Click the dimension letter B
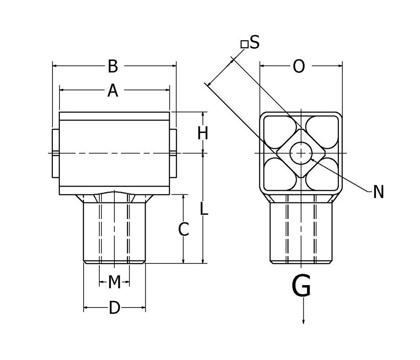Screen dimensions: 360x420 point(112,66)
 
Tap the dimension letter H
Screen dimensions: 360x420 point(203,133)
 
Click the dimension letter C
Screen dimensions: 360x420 point(184,229)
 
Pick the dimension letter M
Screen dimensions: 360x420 point(114,282)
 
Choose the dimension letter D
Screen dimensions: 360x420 point(114,308)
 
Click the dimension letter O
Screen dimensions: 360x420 point(299,66)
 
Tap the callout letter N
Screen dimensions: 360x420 point(378,192)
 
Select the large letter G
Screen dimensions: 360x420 point(301,286)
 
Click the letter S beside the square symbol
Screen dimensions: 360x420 point(254,43)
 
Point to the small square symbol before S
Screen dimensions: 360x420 point(244,44)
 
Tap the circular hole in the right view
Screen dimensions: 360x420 point(301,153)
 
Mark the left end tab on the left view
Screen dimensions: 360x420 point(55,153)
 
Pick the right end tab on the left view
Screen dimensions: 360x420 point(173,153)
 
